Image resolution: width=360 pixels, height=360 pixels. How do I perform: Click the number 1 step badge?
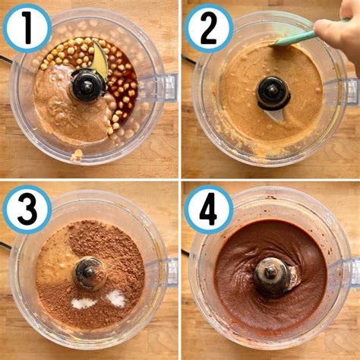point(27,28)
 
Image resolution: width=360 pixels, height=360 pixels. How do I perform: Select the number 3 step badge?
point(27,209)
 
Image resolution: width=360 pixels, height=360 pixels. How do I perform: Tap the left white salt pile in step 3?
point(84,302)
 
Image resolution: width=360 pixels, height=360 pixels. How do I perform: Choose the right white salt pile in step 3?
point(116,298)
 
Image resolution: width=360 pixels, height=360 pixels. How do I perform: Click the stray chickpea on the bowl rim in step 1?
point(77,154)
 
